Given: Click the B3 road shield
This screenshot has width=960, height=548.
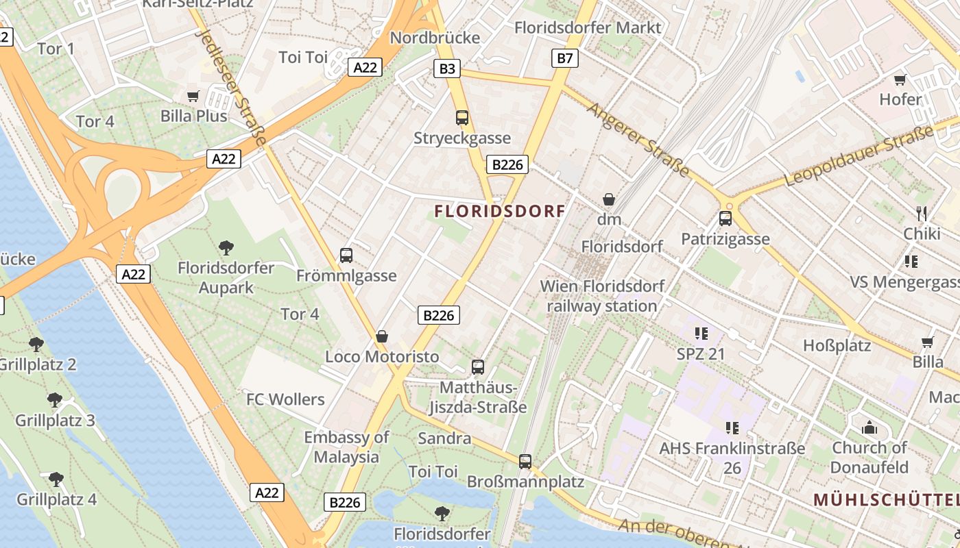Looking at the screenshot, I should tap(447, 68).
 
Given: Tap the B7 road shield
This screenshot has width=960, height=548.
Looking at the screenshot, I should tap(564, 58).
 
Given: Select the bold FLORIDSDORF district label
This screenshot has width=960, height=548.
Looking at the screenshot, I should tap(500, 211).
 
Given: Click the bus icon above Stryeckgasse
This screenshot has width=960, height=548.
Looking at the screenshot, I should tap(462, 118).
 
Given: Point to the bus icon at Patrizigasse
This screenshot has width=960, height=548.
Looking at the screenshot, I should tap(725, 219).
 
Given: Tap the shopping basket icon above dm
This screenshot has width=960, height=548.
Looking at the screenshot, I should tap(608, 199).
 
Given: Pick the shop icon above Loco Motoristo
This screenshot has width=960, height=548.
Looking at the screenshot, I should tap(382, 336).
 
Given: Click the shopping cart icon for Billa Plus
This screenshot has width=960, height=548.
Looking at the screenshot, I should tap(193, 96).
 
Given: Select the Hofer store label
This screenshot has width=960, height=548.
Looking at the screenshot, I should tap(900, 99).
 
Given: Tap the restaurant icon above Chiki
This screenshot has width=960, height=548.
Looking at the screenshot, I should tap(922, 213).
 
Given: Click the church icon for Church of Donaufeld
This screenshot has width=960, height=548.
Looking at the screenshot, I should tap(869, 428).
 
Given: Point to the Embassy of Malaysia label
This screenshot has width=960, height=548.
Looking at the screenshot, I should tap(346, 447).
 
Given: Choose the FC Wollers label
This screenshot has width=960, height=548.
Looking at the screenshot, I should tap(285, 399).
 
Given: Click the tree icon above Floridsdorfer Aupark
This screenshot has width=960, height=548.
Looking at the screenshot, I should tap(226, 247).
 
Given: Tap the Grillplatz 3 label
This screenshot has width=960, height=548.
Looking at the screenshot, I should tap(55, 420).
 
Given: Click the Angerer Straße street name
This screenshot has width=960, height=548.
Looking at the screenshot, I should tap(638, 139).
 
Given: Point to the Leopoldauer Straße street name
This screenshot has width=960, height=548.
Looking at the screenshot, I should tap(861, 156).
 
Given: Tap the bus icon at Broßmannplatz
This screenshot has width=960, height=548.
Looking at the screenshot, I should tap(525, 461).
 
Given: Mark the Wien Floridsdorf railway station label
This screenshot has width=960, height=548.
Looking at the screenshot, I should tap(602, 295).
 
